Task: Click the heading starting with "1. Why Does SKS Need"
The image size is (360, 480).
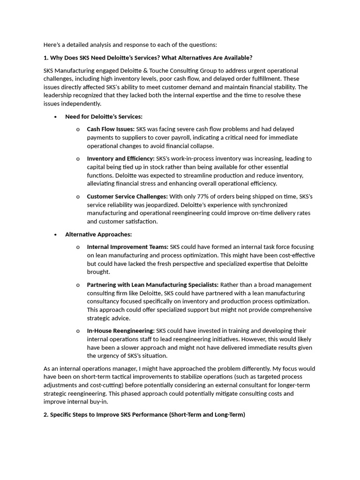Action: point(148,58)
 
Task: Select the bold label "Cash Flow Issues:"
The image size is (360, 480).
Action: point(111,129)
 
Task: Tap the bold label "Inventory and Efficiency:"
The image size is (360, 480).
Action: point(120,158)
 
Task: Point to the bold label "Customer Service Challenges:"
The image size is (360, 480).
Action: point(127,196)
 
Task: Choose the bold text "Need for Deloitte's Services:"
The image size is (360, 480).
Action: point(104,116)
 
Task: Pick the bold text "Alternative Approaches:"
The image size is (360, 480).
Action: point(98,234)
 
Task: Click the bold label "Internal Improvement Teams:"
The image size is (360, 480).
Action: point(127,247)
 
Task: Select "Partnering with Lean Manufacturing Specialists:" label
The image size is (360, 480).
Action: point(152,285)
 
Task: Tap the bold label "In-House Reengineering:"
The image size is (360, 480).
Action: point(120,330)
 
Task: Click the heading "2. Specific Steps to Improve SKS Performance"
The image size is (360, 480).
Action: point(144,414)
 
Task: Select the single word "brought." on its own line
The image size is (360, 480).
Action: point(98,272)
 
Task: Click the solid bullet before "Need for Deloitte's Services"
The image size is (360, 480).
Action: point(56,117)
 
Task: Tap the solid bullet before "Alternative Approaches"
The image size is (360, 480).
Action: point(56,234)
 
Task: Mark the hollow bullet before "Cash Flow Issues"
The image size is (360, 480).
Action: point(78,129)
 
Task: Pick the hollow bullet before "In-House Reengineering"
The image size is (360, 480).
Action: point(78,331)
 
